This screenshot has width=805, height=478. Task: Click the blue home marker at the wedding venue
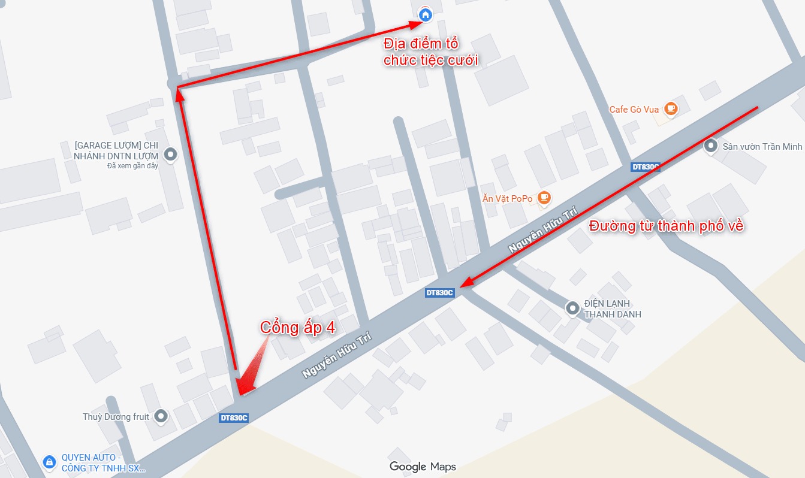[x=425, y=14]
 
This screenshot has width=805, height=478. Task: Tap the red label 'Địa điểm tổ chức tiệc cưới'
[x=430, y=52]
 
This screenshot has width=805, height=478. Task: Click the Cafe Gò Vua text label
[x=634, y=110]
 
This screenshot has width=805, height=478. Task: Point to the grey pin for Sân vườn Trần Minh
[x=711, y=146]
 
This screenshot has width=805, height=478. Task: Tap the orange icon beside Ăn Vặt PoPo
[x=544, y=197]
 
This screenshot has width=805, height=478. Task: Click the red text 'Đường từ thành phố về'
[x=666, y=226]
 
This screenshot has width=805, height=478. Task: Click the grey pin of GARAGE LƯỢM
[x=171, y=155]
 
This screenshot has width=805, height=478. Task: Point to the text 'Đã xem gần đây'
[x=132, y=166]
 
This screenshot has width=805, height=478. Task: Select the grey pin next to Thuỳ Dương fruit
[x=160, y=415]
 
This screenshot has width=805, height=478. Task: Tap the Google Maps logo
[x=423, y=467]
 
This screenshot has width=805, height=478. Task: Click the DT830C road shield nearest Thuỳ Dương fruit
[x=234, y=418]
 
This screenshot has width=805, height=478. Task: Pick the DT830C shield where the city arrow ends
[x=439, y=293]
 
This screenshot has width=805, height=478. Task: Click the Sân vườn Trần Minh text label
[x=762, y=146]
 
